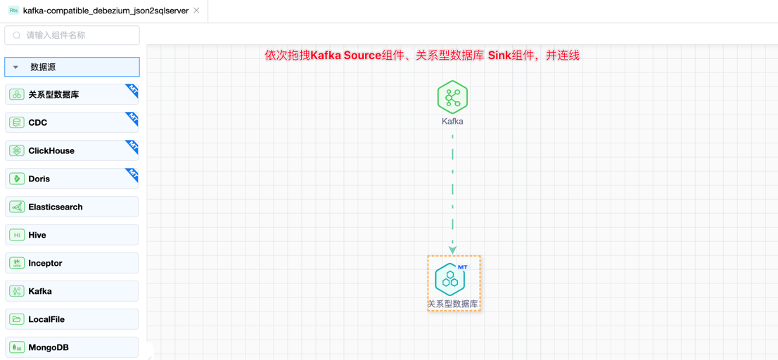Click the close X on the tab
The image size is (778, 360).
pos(196,11)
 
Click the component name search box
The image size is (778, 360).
pos(72,35)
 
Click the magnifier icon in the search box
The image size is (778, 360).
pos(17,35)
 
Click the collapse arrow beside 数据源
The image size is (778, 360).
pos(15,67)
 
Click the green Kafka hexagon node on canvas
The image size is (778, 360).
pos(452,97)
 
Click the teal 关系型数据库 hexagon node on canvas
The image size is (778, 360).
pos(450,280)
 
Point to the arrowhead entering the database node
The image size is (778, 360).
pos(452,250)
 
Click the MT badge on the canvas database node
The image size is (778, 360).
pos(462,267)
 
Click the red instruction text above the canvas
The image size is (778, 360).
pos(422,55)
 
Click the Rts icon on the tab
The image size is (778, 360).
pos(13,11)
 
